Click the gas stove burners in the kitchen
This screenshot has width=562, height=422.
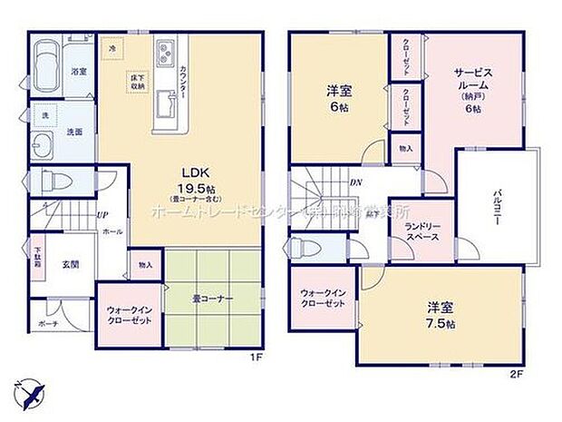pyautogui.click(x=166, y=54)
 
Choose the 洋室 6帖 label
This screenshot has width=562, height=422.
pyautogui.click(x=338, y=97)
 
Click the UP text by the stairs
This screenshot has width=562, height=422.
pyautogui.click(x=102, y=215)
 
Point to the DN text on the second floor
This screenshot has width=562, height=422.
pyautogui.click(x=356, y=182)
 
